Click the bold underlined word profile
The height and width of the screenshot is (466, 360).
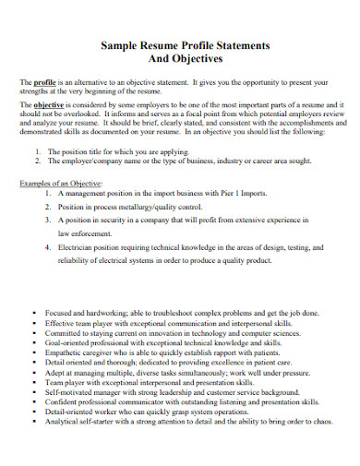click(44, 82)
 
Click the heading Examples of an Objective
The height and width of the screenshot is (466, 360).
click(62, 184)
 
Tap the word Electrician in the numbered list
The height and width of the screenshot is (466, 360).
click(77, 248)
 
